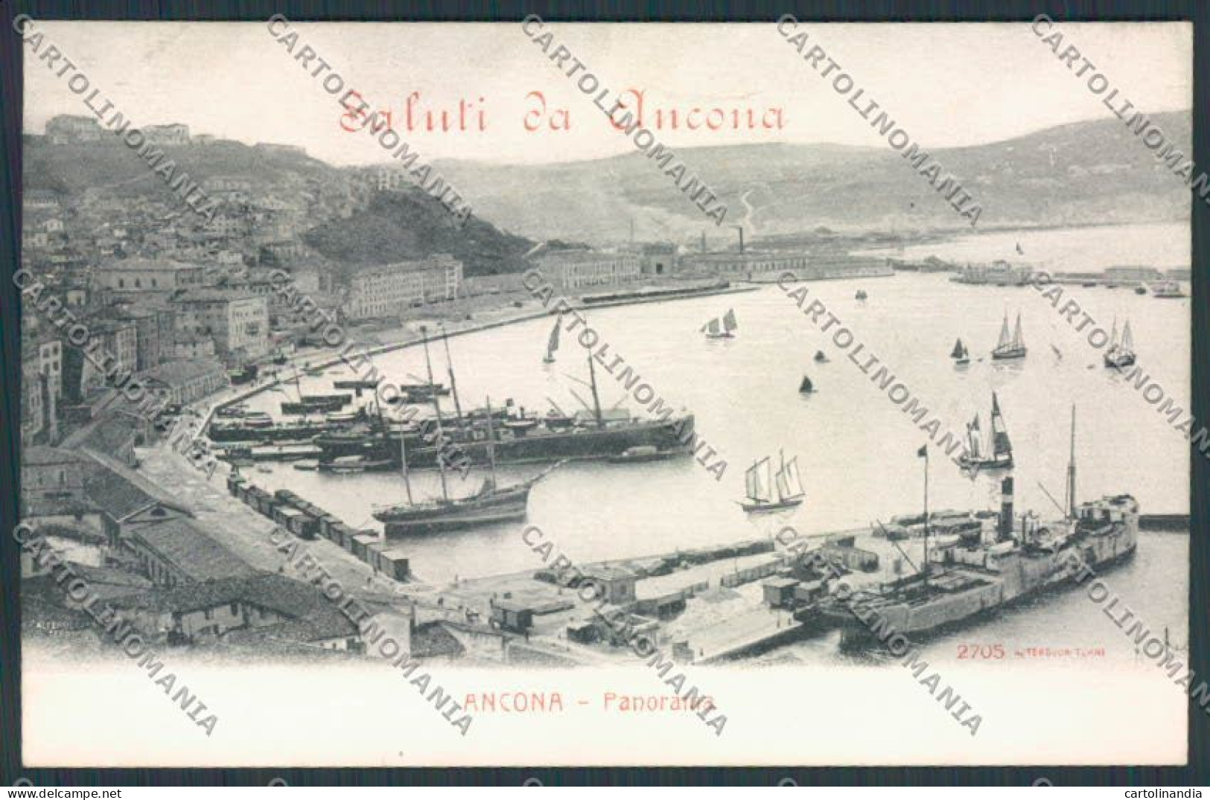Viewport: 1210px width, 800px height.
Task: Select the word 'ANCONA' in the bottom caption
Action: click(513, 703)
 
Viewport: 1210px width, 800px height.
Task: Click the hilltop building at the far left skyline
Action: click(74, 127)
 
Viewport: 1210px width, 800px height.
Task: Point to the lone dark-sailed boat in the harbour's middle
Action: click(805, 384)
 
